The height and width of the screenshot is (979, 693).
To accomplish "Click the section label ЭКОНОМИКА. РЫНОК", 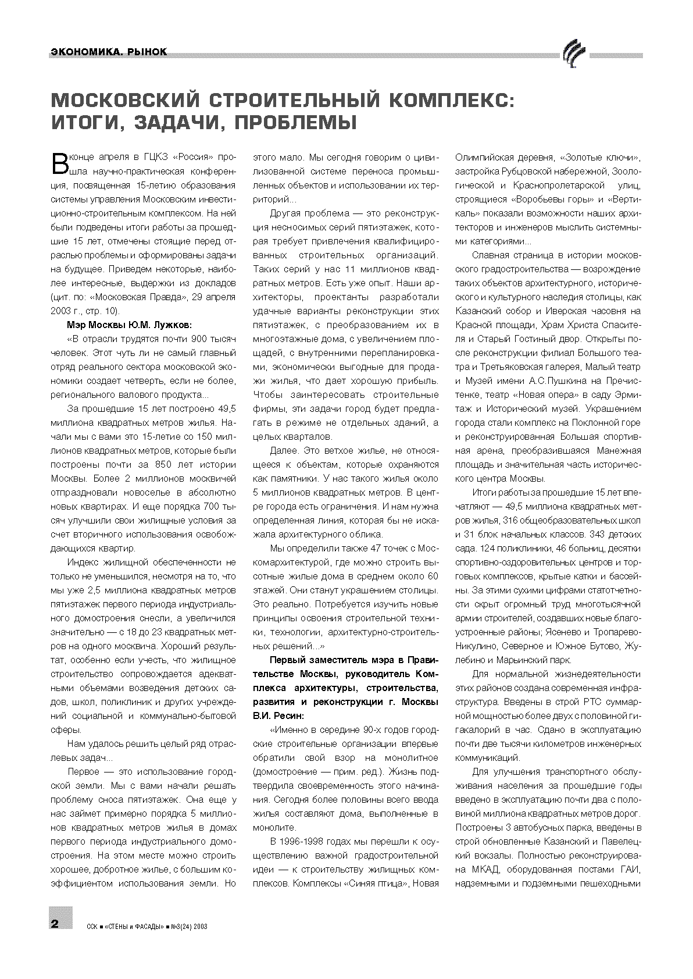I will point(108,53).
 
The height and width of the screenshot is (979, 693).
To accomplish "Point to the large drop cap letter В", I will point(60,163).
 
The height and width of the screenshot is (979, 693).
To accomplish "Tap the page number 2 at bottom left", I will point(55,924).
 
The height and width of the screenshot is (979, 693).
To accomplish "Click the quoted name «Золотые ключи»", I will point(599,158).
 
